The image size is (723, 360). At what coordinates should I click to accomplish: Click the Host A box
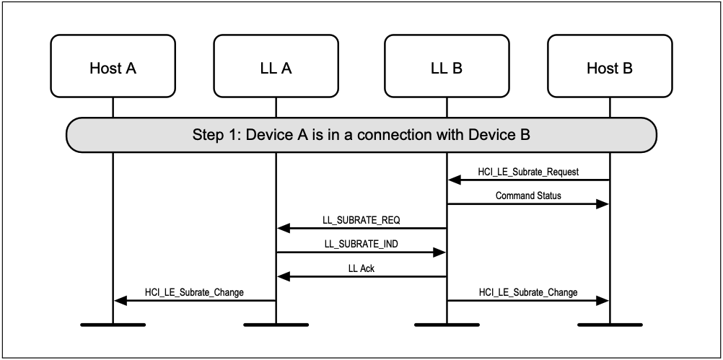(113, 69)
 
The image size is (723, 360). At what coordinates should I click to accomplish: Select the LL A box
(276, 69)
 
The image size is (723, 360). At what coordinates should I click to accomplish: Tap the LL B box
(446, 69)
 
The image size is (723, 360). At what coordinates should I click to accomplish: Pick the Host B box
(610, 69)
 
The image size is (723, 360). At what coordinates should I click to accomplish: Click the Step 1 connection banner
(361, 135)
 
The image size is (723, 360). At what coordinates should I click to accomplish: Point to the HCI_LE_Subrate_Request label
(528, 172)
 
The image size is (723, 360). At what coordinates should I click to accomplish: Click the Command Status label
(528, 196)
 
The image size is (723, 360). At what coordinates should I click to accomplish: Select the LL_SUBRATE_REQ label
(361, 219)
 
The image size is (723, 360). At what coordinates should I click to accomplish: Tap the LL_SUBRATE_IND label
(361, 244)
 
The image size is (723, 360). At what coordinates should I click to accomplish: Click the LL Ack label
(361, 268)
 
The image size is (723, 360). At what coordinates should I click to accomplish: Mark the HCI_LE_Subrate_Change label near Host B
(528, 292)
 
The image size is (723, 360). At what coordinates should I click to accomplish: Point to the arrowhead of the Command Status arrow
(602, 204)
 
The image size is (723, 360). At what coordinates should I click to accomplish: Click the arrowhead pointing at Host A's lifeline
(120, 300)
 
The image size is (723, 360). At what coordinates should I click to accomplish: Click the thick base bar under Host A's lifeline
(113, 325)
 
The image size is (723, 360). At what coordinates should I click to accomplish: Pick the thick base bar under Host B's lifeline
(610, 325)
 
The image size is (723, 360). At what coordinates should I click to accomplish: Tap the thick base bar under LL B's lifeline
(446, 325)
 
